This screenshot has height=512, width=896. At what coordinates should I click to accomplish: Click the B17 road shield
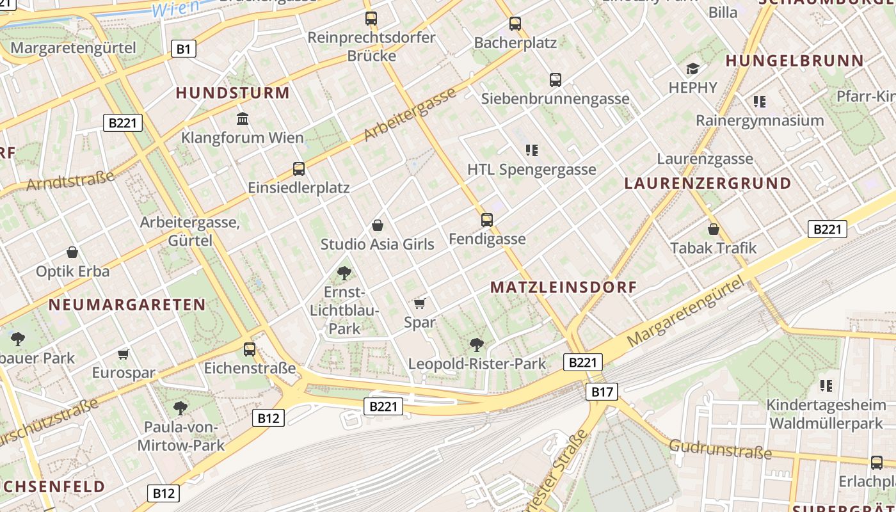pos(602,392)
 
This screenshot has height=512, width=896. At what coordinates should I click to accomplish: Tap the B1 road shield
pos(183,49)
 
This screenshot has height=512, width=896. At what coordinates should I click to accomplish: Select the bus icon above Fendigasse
pos(487,220)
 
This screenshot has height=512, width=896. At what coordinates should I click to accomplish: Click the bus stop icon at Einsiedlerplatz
pos(299,169)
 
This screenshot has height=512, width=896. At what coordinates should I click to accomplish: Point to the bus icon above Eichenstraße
pos(250,349)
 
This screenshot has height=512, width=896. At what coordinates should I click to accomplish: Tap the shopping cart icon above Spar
pos(420,303)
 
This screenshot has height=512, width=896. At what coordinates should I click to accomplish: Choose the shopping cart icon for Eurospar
pos(124,354)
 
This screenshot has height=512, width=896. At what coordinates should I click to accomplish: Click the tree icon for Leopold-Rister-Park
pos(477,345)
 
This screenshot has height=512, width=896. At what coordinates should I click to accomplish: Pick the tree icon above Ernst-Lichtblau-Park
pos(344,273)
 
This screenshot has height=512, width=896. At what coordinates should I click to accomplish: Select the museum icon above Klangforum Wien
pos(243,118)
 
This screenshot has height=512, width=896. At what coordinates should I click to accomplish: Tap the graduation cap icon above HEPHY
pos(692,68)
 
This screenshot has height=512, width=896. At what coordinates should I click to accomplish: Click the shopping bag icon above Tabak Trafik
pos(714,228)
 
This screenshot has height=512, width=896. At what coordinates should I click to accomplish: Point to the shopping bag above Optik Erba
pos(72,252)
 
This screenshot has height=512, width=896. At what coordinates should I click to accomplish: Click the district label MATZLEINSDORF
pos(564,287)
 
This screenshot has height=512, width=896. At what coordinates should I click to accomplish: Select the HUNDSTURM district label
pos(233,93)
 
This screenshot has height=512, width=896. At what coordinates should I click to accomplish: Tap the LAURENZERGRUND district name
pos(708,183)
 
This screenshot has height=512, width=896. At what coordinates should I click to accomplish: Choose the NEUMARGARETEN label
pos(127,305)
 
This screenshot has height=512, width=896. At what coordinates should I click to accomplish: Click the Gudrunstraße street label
pos(721,449)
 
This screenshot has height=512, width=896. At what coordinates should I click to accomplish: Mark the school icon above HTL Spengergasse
pos(531,150)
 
